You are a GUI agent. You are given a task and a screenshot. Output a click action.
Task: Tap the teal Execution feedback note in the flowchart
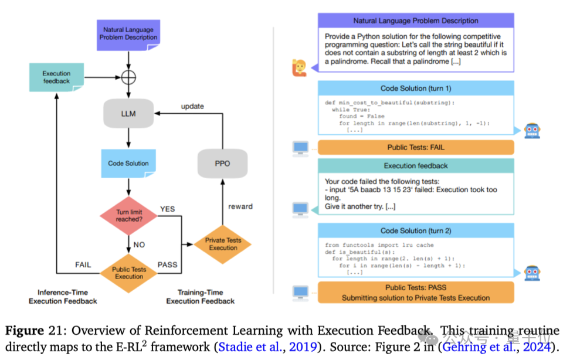(56, 77)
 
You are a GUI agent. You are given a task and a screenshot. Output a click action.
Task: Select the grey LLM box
(128, 113)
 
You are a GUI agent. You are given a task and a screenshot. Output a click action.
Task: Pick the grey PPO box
(222, 164)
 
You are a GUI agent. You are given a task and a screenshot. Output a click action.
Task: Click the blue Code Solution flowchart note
(128, 164)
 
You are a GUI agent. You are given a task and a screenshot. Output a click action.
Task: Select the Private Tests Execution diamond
(223, 244)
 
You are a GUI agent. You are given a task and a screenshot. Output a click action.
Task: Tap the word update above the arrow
(192, 106)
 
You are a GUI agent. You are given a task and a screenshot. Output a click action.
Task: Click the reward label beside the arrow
(240, 206)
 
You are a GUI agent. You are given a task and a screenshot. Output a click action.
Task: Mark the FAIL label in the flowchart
(83, 264)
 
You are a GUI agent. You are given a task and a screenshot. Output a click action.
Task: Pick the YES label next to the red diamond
(168, 208)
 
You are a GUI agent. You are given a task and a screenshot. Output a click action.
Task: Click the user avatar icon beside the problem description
(299, 69)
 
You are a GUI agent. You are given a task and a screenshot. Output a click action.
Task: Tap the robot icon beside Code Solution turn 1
(531, 130)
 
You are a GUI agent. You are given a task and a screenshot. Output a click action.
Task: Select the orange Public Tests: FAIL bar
(416, 147)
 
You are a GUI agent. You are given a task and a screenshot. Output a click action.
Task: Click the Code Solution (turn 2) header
(416, 230)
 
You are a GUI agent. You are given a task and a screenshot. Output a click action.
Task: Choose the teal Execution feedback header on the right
(416, 166)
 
